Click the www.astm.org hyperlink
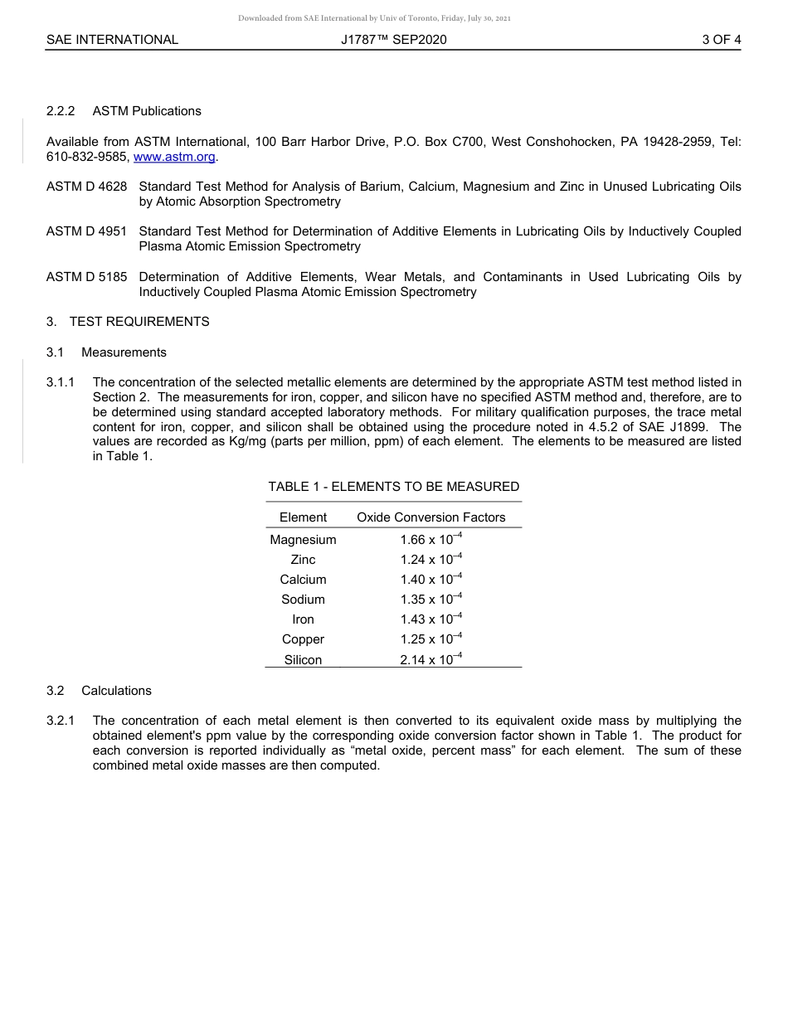point(174,157)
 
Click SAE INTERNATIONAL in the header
point(112,39)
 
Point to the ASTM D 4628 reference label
point(87,187)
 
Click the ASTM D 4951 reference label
point(87,231)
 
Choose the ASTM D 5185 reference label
point(87,277)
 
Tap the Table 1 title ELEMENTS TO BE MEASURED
point(393,487)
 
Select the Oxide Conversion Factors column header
point(430,517)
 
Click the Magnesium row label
point(303,540)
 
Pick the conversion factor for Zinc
point(430,560)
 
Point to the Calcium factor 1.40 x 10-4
point(430,580)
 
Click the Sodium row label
point(303,600)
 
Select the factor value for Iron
point(430,619)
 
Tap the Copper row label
point(303,639)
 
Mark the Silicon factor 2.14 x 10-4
point(430,660)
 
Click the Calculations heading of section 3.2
point(116,691)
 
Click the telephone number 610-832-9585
point(87,157)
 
